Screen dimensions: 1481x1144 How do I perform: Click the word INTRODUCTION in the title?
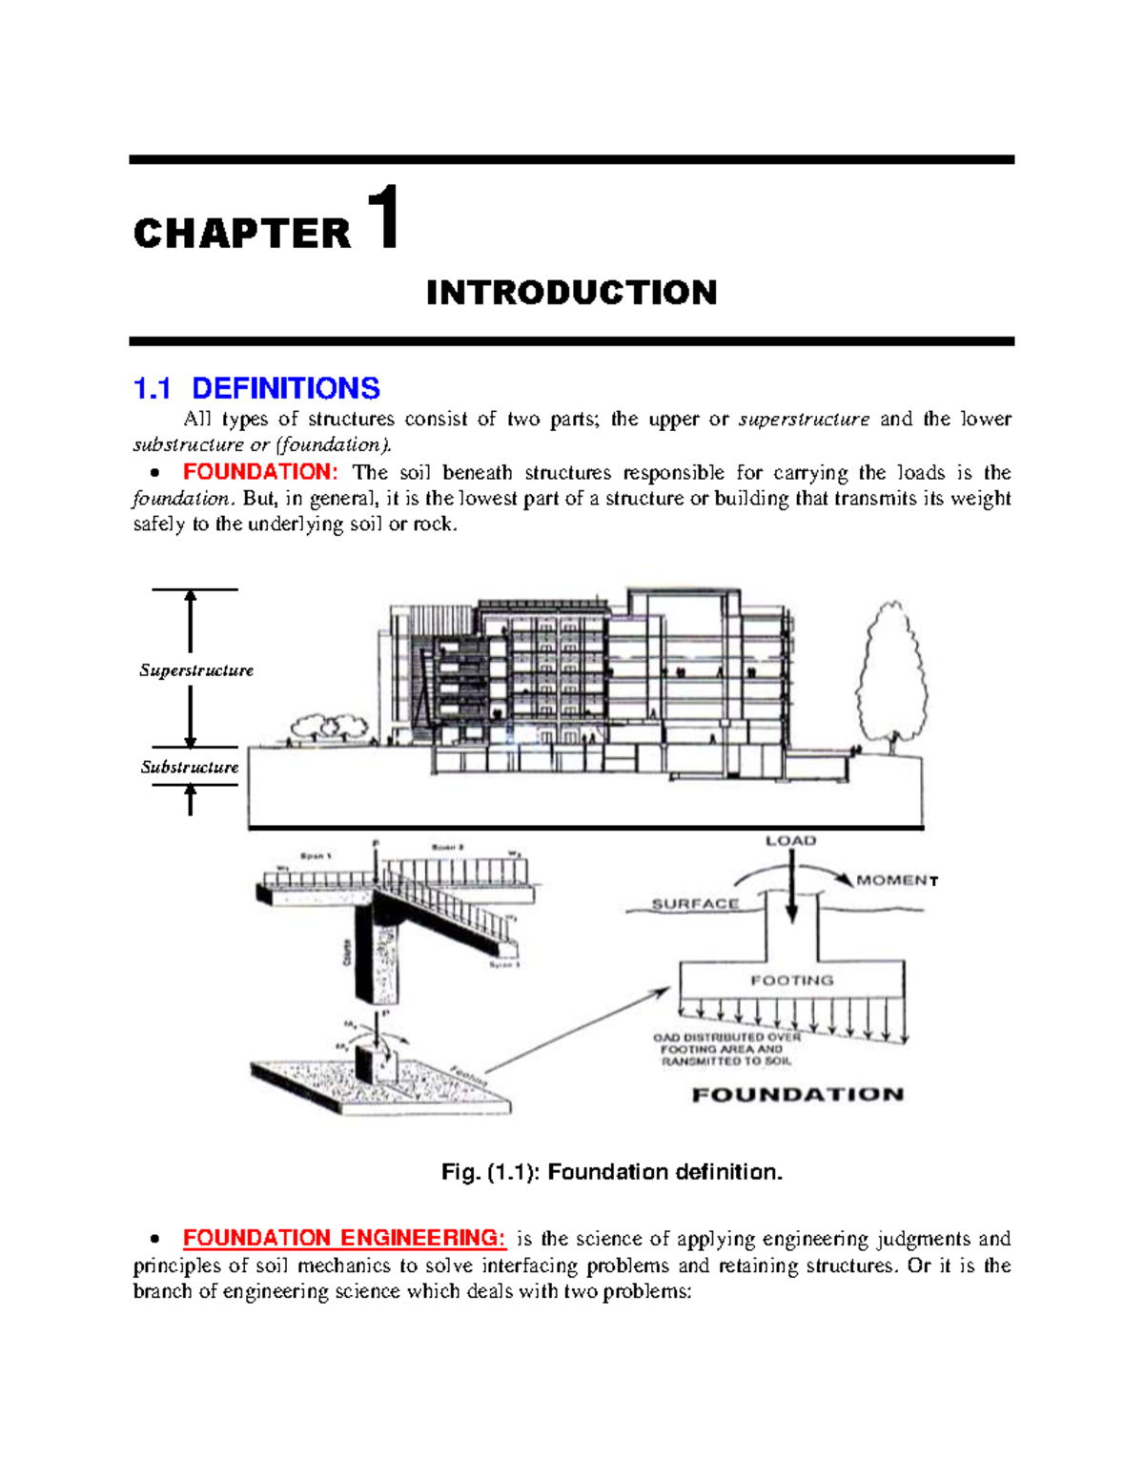tap(571, 293)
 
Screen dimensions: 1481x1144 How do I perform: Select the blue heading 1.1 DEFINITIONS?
tap(256, 388)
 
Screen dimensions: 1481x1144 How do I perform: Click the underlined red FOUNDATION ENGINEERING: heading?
tap(344, 1238)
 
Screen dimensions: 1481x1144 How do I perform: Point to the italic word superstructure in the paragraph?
tap(804, 419)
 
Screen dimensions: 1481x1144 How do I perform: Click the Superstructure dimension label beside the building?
tap(196, 670)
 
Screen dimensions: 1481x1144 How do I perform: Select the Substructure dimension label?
tap(190, 767)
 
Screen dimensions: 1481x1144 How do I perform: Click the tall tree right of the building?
tap(891, 672)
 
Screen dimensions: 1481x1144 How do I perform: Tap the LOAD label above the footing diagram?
tap(790, 841)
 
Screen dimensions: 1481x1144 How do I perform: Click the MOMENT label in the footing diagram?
tap(896, 880)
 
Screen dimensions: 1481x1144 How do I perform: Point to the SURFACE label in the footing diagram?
tap(695, 904)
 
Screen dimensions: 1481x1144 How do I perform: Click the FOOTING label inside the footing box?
tap(791, 980)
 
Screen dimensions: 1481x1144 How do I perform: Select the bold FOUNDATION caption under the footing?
tap(797, 1095)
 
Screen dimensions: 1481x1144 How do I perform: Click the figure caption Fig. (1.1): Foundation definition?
tap(611, 1172)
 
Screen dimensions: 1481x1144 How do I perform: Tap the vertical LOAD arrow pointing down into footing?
tap(791, 887)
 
